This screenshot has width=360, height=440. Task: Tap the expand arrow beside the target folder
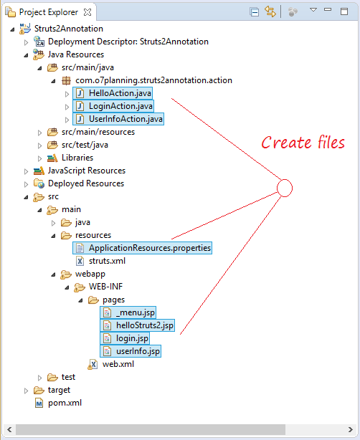click(x=26, y=391)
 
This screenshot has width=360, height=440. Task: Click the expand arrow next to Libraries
click(x=39, y=158)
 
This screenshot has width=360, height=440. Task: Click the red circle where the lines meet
click(x=285, y=180)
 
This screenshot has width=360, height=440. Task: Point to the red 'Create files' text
click(x=303, y=142)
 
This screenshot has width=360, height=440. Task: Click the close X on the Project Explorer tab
click(x=87, y=12)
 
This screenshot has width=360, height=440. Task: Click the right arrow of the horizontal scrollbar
click(x=350, y=429)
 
